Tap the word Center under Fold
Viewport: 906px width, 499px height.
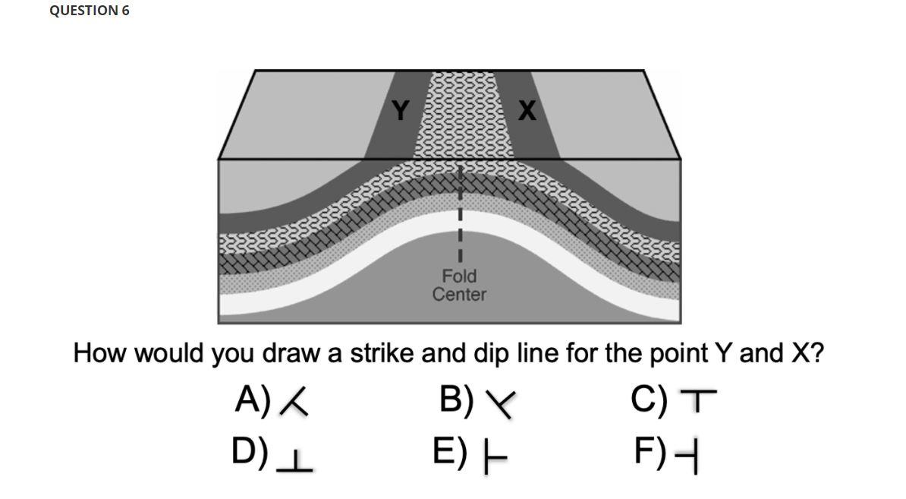(459, 294)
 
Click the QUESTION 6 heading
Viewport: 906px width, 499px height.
(90, 11)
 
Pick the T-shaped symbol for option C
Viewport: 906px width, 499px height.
(698, 400)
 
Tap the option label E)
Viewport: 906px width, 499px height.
(451, 453)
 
